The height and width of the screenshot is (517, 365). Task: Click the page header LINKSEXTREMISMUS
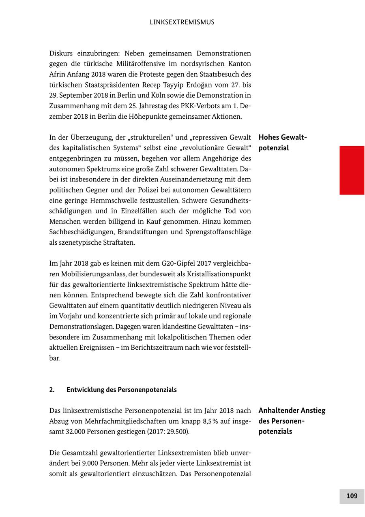[x=182, y=22]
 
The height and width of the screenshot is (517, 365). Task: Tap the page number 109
[x=352, y=496]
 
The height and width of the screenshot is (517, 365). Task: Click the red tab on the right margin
[x=352, y=170]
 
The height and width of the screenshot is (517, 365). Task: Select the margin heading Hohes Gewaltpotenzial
[x=283, y=143]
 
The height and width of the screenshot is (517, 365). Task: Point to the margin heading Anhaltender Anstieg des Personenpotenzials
[x=292, y=421]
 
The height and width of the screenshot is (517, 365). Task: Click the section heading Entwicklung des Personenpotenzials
[x=122, y=390]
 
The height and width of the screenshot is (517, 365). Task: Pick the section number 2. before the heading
[x=52, y=390]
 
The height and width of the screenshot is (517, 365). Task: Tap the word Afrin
[x=57, y=75]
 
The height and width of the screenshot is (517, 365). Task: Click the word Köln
[x=147, y=96]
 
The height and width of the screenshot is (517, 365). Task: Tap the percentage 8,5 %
[x=213, y=421]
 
